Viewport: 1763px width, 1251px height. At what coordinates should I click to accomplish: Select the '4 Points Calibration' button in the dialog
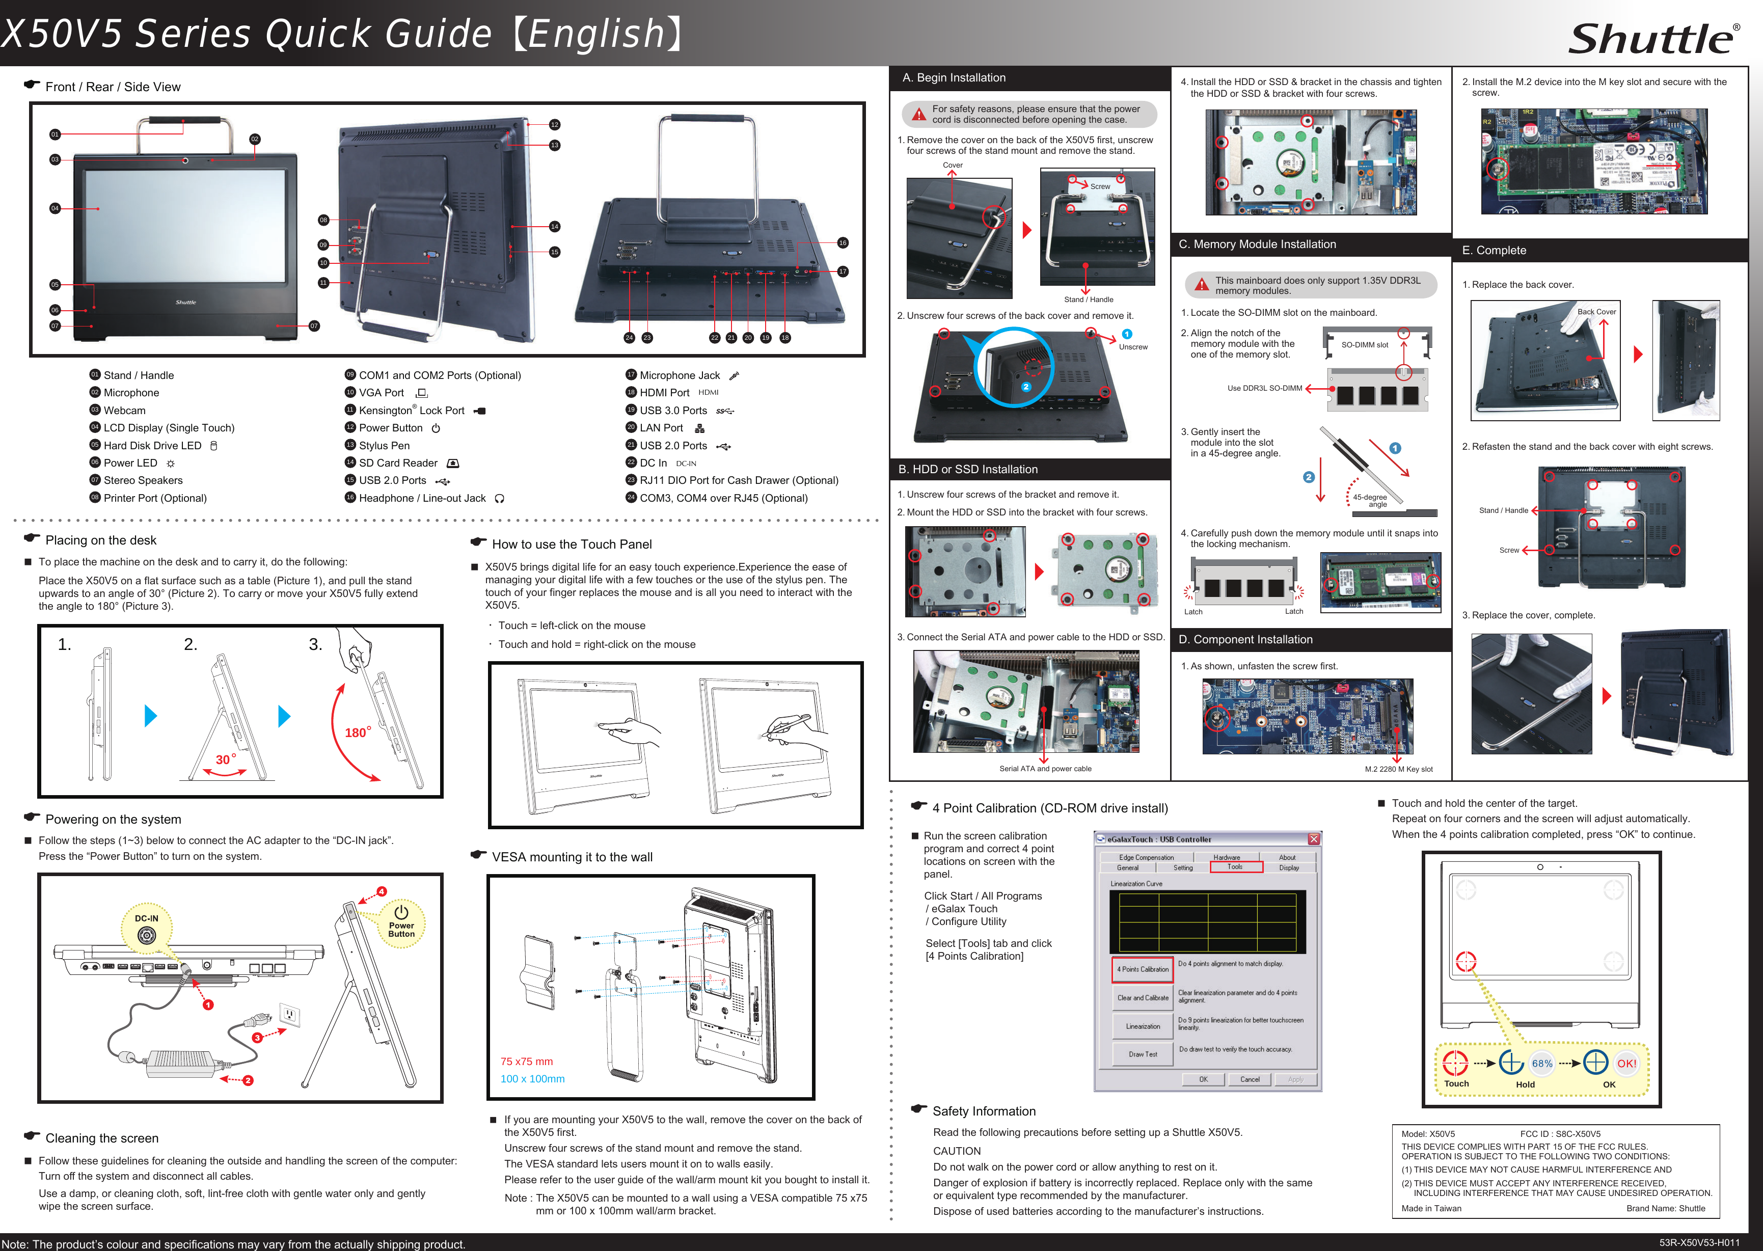tap(1142, 969)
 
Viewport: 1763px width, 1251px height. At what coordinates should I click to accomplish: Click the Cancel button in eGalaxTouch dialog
tap(1249, 1079)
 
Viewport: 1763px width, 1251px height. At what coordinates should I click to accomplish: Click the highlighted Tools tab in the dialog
tap(1235, 866)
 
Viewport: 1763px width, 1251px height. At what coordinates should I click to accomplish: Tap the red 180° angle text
tap(358, 732)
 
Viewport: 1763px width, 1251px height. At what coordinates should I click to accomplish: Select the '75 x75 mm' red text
tap(527, 1062)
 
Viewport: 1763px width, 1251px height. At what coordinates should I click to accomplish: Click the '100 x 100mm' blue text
tap(532, 1078)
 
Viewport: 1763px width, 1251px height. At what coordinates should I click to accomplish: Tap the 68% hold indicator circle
tap(1542, 1063)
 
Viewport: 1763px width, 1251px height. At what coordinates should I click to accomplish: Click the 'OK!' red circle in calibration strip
tap(1626, 1063)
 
